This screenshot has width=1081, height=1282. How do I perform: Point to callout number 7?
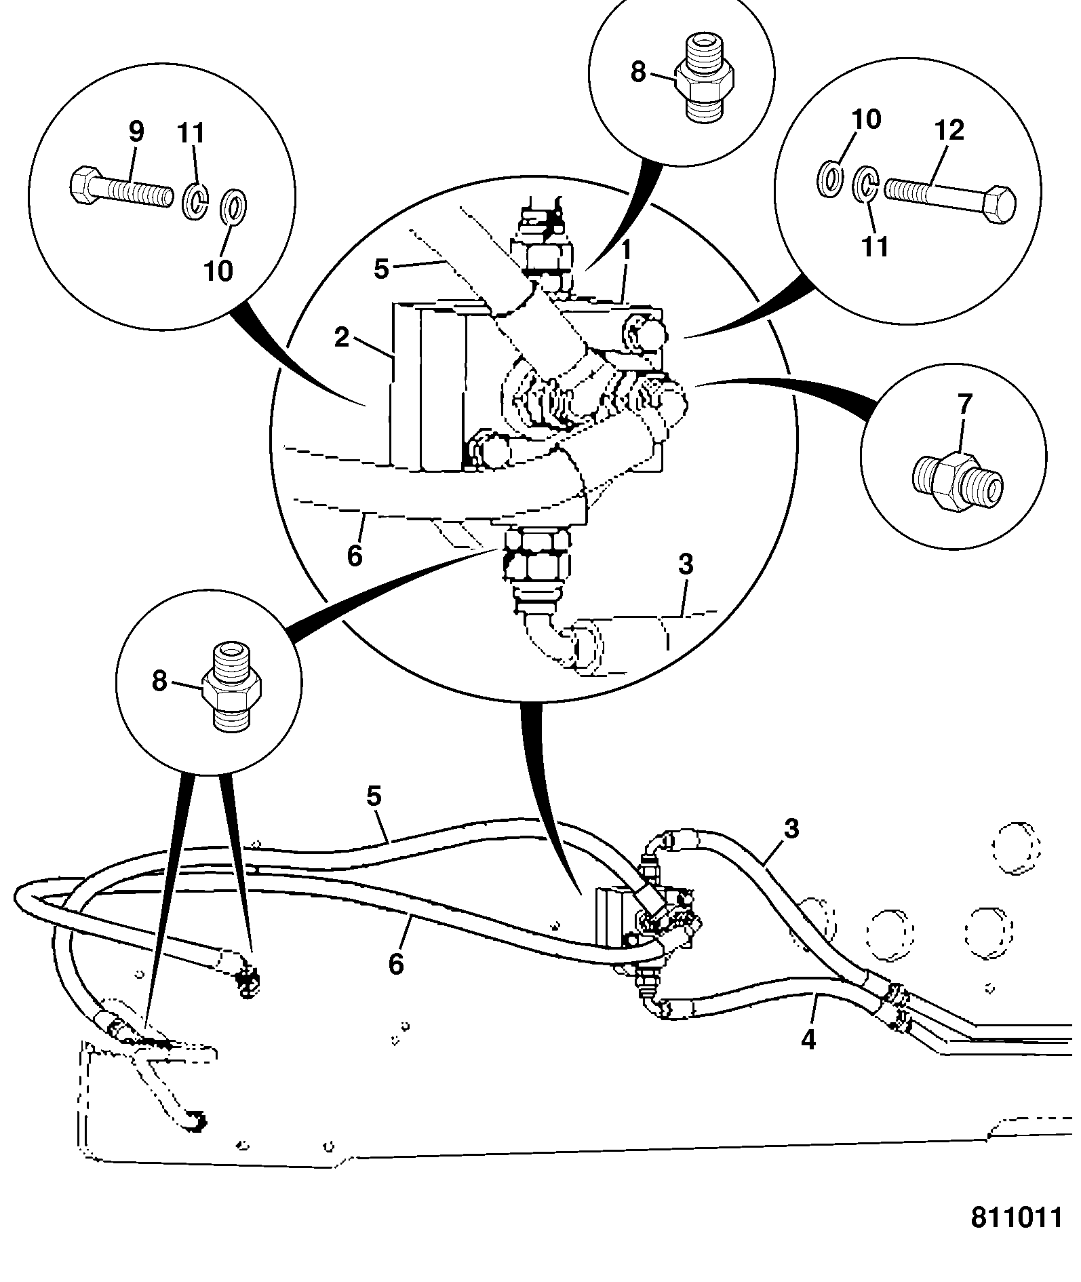964,406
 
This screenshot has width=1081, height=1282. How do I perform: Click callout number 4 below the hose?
808,1040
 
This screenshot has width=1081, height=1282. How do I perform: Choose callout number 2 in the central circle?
342,337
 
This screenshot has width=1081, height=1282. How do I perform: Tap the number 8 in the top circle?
637,72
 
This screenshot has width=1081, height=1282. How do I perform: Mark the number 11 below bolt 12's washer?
875,246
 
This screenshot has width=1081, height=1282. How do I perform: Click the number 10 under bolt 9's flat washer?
218,270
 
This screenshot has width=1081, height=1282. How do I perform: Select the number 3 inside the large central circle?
686,564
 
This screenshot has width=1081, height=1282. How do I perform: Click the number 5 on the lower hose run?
374,796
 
